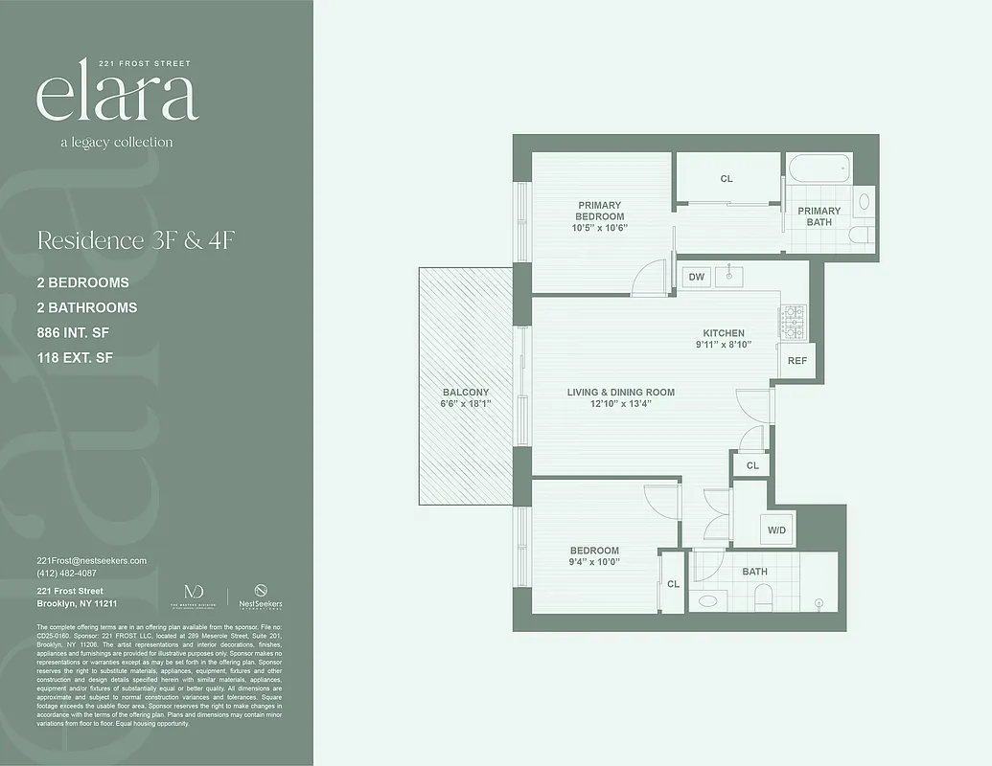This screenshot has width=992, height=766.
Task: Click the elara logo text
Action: pyautogui.click(x=117, y=96)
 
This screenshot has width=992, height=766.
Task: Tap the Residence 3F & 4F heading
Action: pyautogui.click(x=135, y=240)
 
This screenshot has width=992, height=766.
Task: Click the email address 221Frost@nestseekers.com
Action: pyautogui.click(x=92, y=560)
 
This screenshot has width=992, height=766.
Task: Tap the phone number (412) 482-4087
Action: pyautogui.click(x=66, y=573)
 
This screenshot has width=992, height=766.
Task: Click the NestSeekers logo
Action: pyautogui.click(x=261, y=597)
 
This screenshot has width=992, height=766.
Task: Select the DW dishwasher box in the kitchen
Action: pyautogui.click(x=697, y=278)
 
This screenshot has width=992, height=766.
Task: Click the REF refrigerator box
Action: pyautogui.click(x=796, y=360)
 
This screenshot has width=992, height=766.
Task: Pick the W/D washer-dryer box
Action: pyautogui.click(x=775, y=529)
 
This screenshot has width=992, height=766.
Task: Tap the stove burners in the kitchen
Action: pyautogui.click(x=793, y=323)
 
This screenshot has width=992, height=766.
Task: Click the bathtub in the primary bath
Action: pyautogui.click(x=819, y=169)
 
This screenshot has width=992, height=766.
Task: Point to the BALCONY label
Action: pyautogui.click(x=466, y=393)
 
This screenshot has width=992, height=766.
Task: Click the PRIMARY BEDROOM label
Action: pyautogui.click(x=599, y=211)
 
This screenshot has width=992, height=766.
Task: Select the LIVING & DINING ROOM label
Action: pyautogui.click(x=620, y=392)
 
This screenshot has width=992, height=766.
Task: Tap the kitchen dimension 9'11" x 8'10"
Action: pyautogui.click(x=725, y=345)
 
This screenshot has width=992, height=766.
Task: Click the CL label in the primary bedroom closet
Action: pyautogui.click(x=727, y=179)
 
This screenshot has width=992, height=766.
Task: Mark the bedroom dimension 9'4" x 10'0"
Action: pyautogui.click(x=594, y=562)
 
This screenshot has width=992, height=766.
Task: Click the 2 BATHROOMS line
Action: pyautogui.click(x=86, y=307)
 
